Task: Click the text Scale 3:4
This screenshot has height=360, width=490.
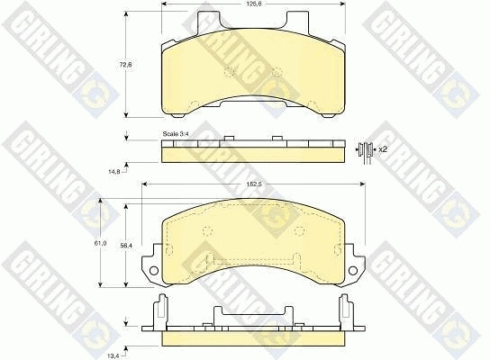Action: (x=177, y=134)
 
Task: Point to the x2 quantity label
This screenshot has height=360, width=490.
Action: (x=382, y=148)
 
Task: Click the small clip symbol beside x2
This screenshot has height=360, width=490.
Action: (x=365, y=149)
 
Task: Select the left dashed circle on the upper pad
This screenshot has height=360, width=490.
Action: (x=229, y=73)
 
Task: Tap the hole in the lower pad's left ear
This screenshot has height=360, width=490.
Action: (x=154, y=269)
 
